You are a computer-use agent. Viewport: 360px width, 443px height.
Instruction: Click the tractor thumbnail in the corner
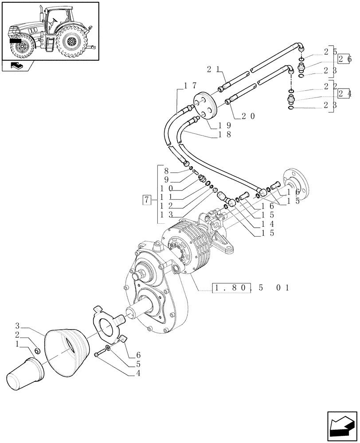click(50, 31)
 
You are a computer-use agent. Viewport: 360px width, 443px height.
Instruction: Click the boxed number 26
click(344, 59)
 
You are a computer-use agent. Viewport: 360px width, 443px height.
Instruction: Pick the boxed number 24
click(344, 93)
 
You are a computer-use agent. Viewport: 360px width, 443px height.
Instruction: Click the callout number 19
click(224, 125)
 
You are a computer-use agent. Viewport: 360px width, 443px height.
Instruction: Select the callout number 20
click(248, 117)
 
